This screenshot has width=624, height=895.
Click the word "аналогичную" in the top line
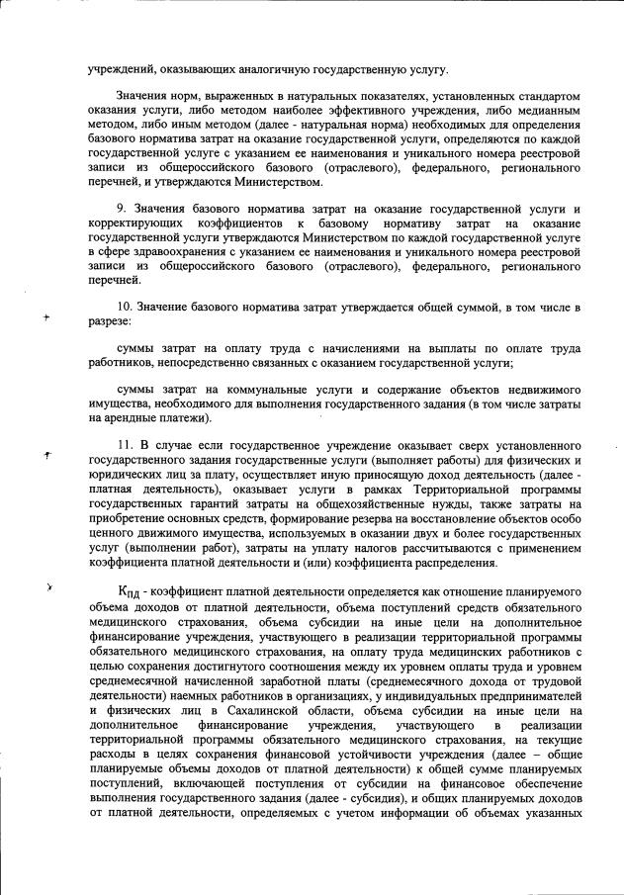click(x=261, y=68)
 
